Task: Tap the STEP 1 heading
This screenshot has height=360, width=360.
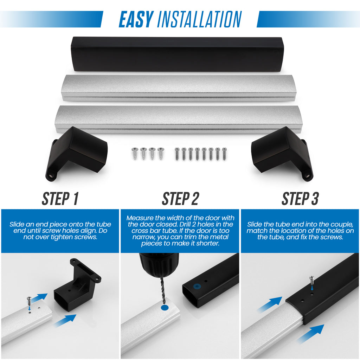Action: pyautogui.click(x=60, y=199)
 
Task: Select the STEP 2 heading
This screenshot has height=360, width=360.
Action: pyautogui.click(x=180, y=199)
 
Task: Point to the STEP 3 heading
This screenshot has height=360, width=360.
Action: pyautogui.click(x=300, y=199)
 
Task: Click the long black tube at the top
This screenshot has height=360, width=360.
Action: pyautogui.click(x=177, y=54)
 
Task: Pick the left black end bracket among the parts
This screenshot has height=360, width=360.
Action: pyautogui.click(x=76, y=153)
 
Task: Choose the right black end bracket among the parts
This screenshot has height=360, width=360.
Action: pyautogui.click(x=282, y=153)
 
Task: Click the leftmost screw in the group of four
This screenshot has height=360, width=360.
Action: pyautogui.click(x=134, y=154)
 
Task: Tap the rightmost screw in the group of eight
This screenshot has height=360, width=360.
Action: pyautogui.click(x=224, y=154)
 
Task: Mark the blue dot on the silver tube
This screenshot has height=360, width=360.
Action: pyautogui.click(x=165, y=308)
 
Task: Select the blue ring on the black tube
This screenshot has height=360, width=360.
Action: pyautogui.click(x=197, y=287)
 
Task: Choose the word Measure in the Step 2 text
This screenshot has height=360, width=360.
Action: pyautogui.click(x=140, y=218)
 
